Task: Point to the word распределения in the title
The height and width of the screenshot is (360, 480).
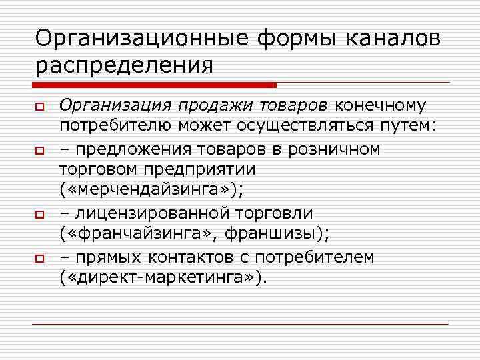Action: coord(124,65)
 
